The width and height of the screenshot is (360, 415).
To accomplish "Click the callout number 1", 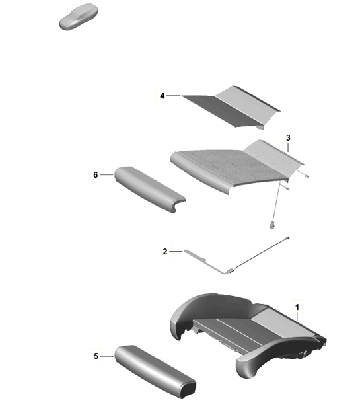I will [x=297, y=307].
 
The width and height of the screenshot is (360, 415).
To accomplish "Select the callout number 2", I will [x=164, y=251].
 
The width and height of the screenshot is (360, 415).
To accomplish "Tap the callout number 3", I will [x=288, y=137].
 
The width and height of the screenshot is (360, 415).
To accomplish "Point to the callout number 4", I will [x=162, y=96].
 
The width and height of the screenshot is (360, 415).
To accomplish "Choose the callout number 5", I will [x=96, y=356].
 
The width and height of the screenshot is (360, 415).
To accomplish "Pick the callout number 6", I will [x=96, y=174].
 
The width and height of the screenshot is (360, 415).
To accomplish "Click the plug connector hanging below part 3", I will [x=271, y=225].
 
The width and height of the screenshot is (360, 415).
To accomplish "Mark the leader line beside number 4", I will [x=173, y=96].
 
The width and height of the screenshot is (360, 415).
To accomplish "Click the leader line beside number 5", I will [x=107, y=356].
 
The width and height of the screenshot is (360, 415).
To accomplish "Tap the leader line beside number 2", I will [x=175, y=251].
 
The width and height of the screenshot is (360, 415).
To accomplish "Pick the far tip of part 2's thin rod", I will [x=288, y=235].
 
